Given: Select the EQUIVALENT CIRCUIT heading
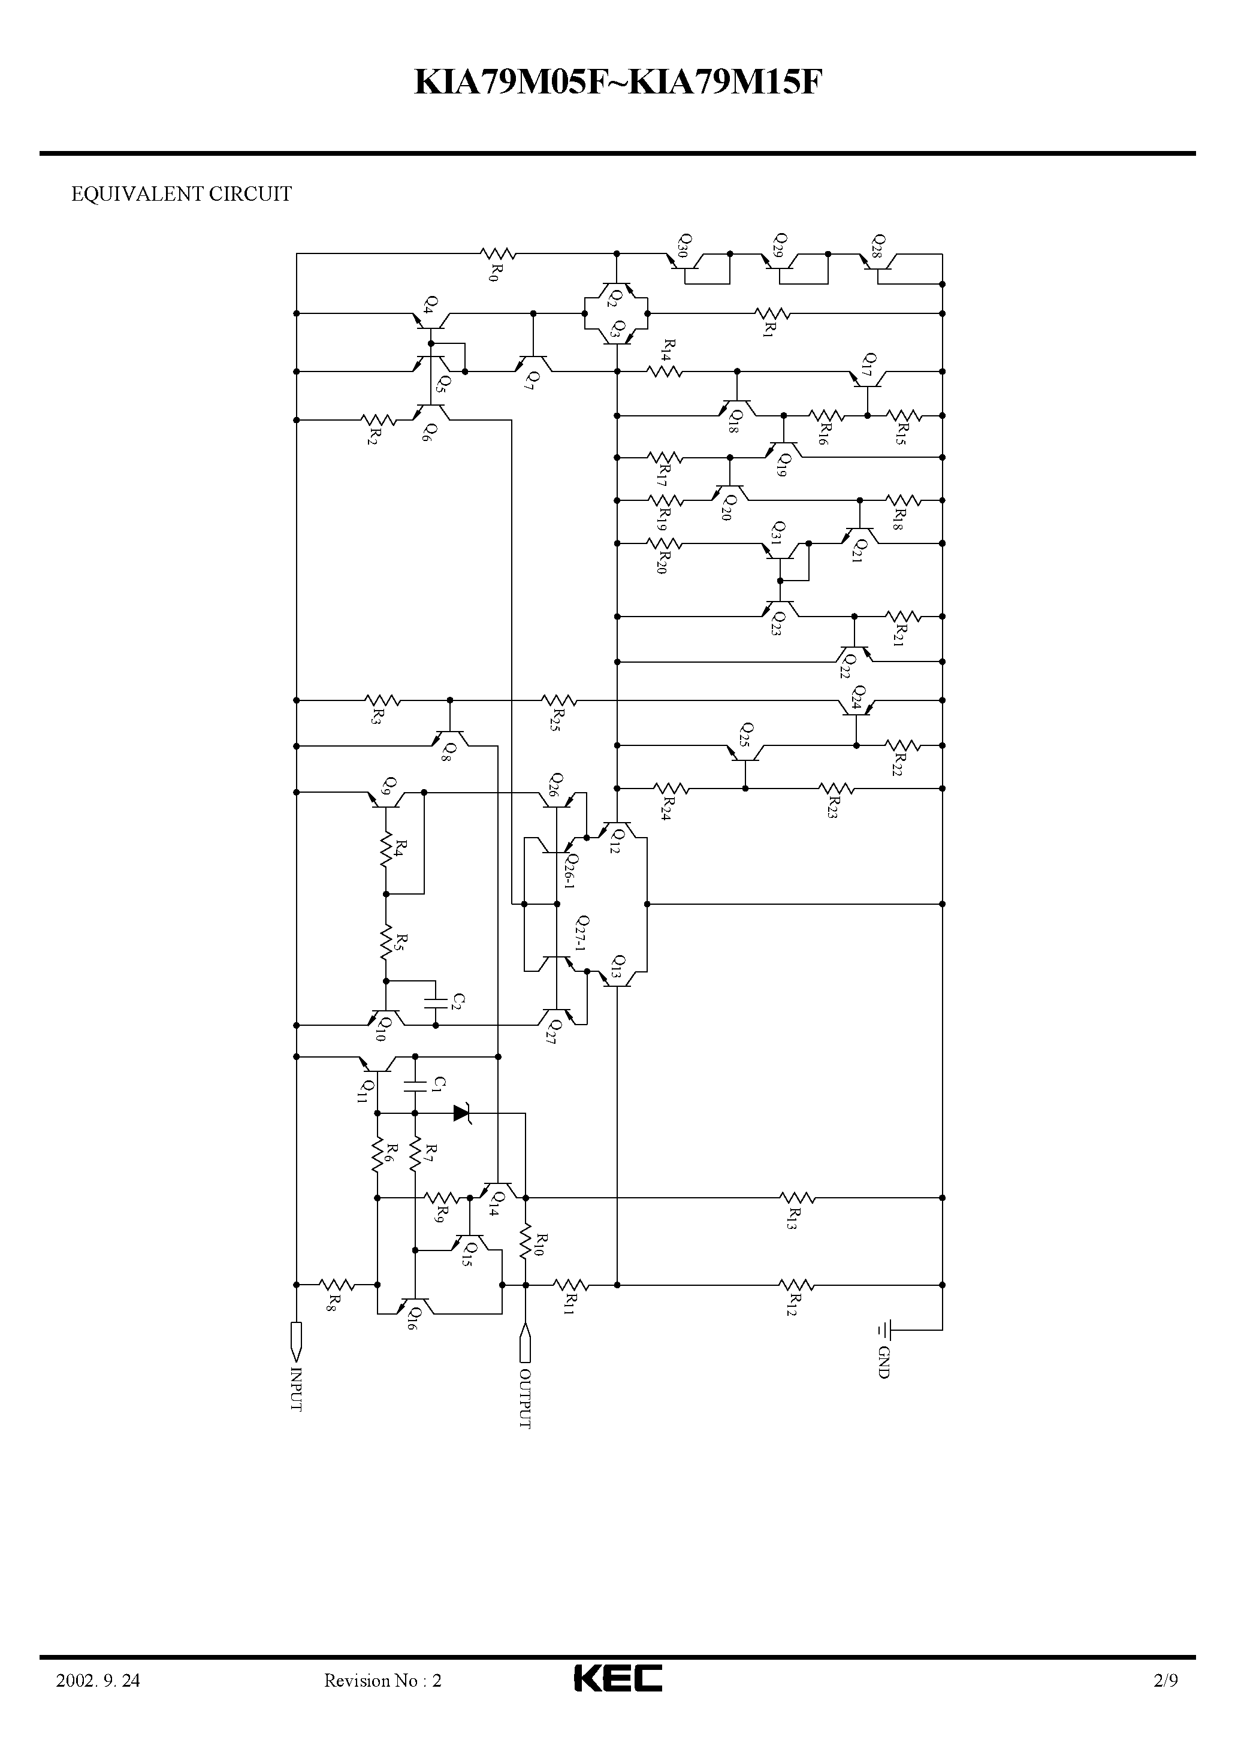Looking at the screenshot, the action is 181,195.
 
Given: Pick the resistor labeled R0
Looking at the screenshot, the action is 497,253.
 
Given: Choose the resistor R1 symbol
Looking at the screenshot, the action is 772,313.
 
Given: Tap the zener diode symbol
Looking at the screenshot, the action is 463,1113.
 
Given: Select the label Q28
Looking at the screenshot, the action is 878,246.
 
